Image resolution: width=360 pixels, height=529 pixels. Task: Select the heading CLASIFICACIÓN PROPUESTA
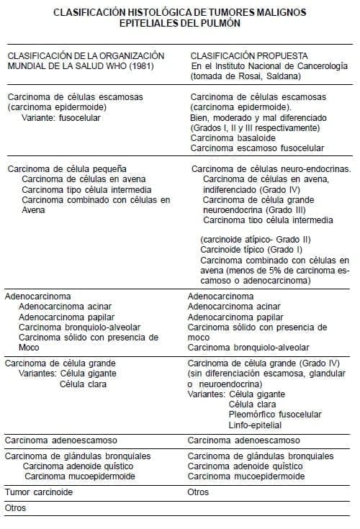coord(239,55)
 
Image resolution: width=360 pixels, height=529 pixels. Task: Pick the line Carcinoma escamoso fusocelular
coord(257,148)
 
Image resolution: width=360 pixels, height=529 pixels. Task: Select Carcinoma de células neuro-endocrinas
coord(271,169)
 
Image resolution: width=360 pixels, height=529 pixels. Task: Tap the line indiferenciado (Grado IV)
coord(246,189)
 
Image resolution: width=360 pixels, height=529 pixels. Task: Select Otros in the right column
coord(198,492)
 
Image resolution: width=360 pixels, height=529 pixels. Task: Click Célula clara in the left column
coord(84,384)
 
